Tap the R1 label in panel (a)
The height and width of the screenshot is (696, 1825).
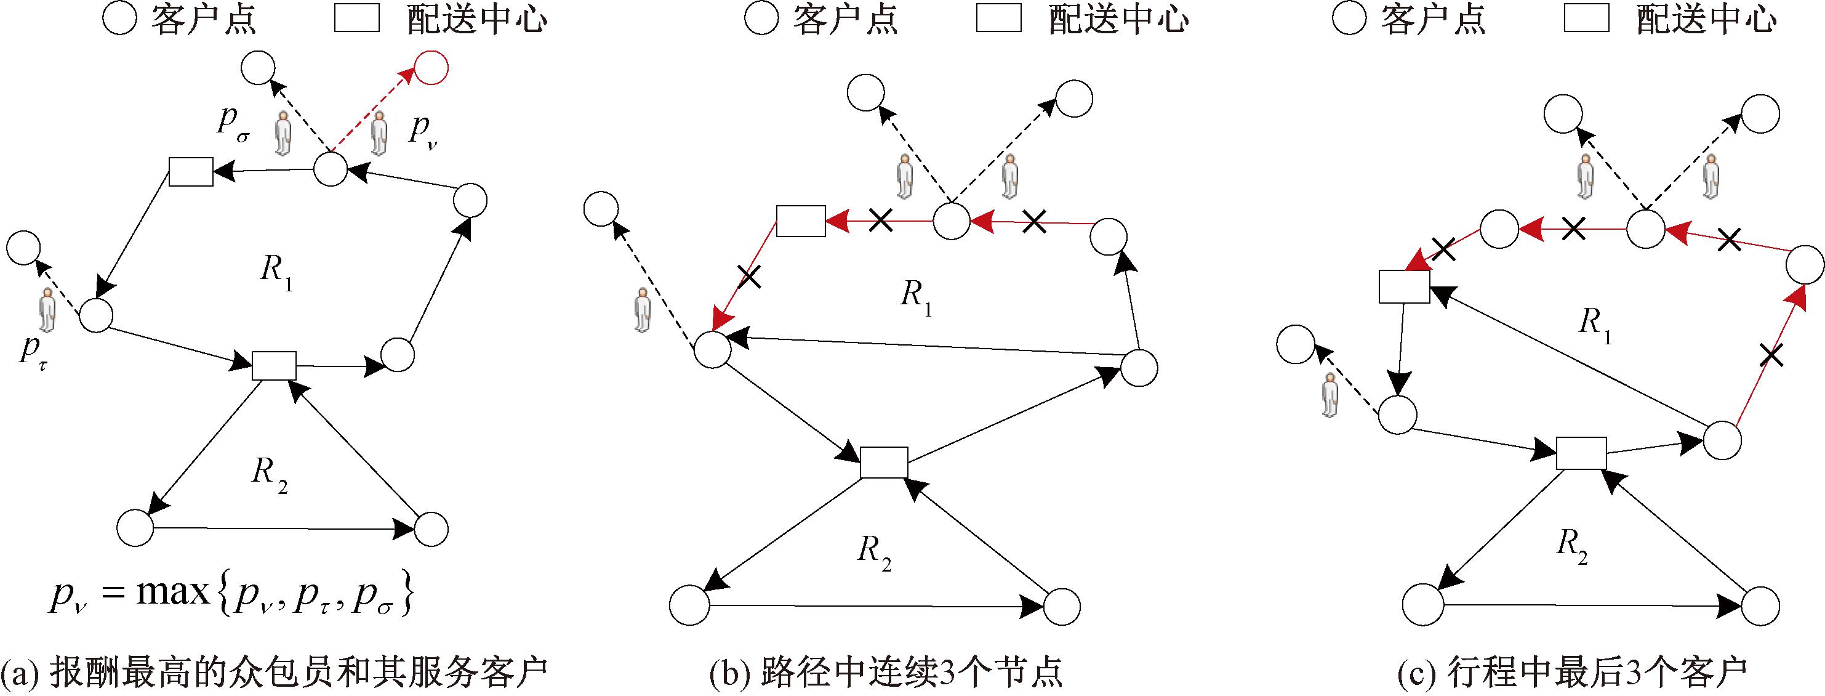pyautogui.click(x=276, y=271)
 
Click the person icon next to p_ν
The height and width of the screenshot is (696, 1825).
pyautogui.click(x=380, y=132)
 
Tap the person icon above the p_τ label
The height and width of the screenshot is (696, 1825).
pyautogui.click(x=47, y=310)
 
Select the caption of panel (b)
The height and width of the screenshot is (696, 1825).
pyautogui.click(x=886, y=673)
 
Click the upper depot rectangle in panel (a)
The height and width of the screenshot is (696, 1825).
pyautogui.click(x=191, y=171)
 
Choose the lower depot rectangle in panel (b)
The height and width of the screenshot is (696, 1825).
pyautogui.click(x=883, y=462)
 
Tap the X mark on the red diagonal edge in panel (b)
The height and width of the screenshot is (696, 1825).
pyautogui.click(x=750, y=276)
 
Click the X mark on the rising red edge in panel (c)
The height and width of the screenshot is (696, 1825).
pyautogui.click(x=1771, y=354)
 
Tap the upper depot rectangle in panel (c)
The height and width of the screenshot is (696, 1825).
pyautogui.click(x=1403, y=286)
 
